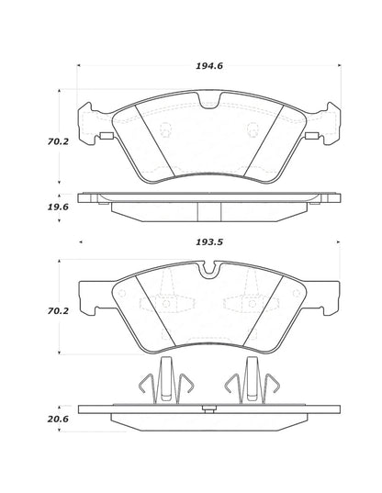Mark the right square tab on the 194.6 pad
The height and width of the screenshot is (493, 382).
pyautogui.click(x=310, y=139)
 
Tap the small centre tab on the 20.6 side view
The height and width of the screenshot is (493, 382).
pyautogui.click(x=210, y=407)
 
